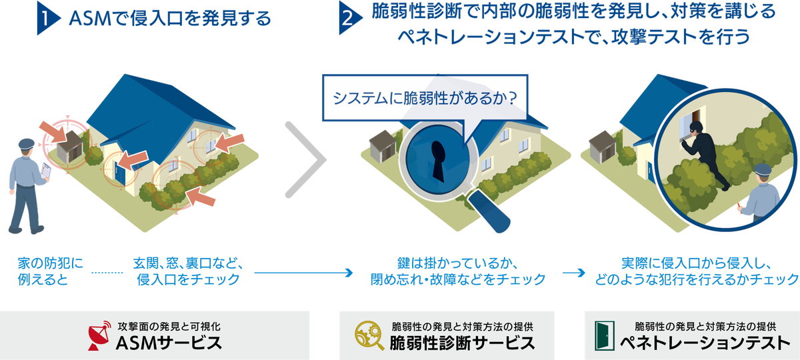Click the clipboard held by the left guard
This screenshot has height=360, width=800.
click(47, 171)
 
